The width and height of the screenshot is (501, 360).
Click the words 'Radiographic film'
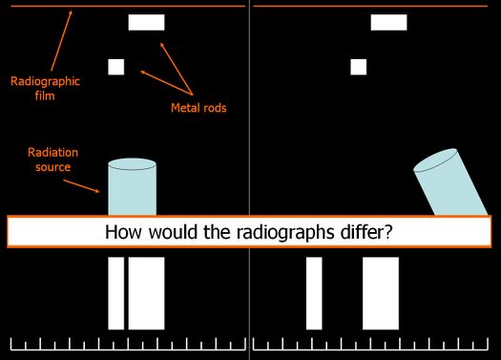point(45,88)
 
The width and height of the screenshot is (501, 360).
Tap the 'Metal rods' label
point(198,108)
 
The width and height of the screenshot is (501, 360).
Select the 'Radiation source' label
point(52,159)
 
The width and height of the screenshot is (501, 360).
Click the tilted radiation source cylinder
point(450,182)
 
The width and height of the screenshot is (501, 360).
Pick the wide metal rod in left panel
point(146,22)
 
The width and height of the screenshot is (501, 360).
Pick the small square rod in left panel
point(116,67)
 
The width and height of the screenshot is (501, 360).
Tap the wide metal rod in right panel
point(388,22)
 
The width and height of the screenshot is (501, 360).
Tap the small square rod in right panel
point(359,67)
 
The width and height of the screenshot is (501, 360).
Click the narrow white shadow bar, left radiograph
point(116,293)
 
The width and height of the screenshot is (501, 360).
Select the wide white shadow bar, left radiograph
point(146,293)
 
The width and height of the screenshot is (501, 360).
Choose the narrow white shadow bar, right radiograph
point(314,293)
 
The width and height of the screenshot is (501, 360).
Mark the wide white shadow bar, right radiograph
point(381,293)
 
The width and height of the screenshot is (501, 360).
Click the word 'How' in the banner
point(123,232)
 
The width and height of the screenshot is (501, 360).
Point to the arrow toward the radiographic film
point(61,41)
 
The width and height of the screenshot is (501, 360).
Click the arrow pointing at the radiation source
point(81,186)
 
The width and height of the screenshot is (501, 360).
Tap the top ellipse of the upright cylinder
point(133,164)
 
